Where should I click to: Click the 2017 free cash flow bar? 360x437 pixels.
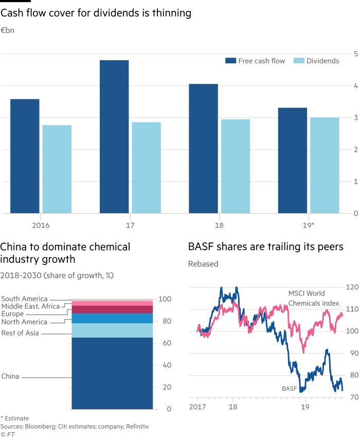(114, 136)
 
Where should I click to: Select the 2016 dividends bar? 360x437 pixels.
(57, 169)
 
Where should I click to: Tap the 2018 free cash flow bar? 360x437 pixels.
(203, 148)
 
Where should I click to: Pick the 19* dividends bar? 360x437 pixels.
(325, 165)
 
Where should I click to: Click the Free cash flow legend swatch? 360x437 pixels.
(230, 61)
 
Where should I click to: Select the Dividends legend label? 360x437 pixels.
(322, 61)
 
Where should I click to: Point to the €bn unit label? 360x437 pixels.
(8, 31)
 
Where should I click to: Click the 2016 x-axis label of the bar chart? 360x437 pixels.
(41, 225)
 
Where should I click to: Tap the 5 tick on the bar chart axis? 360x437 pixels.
(355, 53)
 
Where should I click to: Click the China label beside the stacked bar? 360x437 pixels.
(10, 376)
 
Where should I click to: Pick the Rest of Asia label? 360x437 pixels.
(20, 334)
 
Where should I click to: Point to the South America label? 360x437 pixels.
(24, 299)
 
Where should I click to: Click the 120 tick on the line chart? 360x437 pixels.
(352, 287)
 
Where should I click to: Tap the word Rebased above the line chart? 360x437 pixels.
(204, 264)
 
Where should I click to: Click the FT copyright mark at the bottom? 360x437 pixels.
(8, 433)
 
